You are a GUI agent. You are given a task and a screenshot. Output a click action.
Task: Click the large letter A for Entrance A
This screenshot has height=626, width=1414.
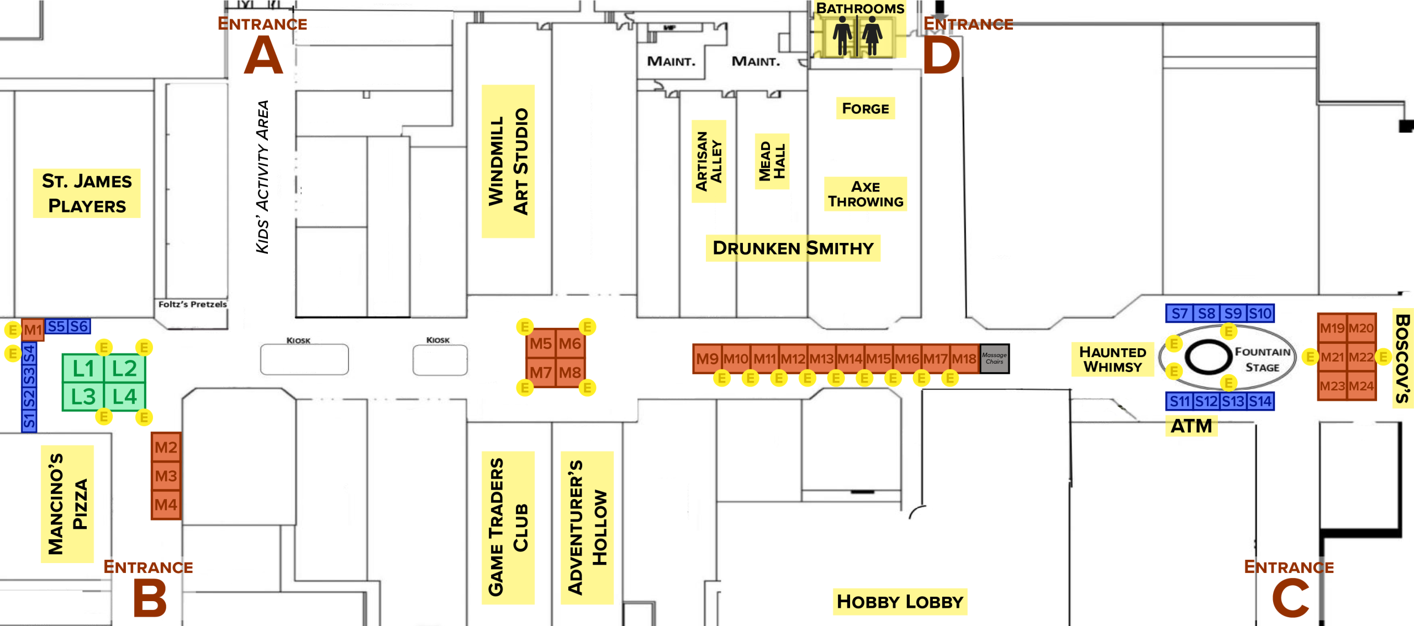tap(263, 55)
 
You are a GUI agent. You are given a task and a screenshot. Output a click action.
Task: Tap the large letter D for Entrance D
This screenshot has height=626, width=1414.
tap(941, 56)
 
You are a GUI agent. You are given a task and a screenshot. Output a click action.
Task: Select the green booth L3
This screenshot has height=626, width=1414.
tap(83, 396)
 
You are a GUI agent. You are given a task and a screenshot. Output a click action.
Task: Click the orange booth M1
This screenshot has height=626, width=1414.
tap(33, 330)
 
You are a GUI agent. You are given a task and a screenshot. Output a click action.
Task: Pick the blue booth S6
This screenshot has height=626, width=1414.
tap(79, 326)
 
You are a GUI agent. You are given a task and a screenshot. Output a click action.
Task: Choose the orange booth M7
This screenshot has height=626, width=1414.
tap(541, 373)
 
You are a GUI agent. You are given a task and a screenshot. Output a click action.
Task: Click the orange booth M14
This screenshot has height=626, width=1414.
tap(850, 359)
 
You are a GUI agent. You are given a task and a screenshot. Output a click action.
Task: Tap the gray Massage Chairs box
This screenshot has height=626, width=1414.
tap(994, 359)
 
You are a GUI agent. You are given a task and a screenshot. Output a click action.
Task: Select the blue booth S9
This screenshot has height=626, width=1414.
tap(1233, 314)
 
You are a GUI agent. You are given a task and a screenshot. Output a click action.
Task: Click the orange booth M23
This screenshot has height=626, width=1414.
tap(1332, 386)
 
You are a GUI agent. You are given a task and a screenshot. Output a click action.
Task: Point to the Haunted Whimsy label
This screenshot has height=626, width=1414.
tap(1112, 359)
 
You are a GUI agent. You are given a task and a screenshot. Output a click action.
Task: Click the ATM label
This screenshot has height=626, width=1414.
tap(1191, 426)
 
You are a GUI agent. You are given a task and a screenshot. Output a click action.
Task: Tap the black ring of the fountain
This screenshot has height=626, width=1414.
tap(1208, 357)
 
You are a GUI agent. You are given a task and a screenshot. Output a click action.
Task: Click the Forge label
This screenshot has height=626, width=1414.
tap(865, 108)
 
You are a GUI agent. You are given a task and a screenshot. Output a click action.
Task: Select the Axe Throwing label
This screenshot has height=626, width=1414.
tap(865, 194)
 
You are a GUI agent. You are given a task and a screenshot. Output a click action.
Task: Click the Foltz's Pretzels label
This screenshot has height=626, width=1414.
tap(192, 304)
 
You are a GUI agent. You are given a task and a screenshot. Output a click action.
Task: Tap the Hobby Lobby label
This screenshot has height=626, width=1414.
tap(900, 601)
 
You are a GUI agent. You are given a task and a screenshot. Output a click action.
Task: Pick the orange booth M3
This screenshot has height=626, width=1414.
tap(166, 476)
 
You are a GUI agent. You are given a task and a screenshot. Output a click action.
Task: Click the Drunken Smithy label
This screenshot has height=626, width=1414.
tap(793, 248)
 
